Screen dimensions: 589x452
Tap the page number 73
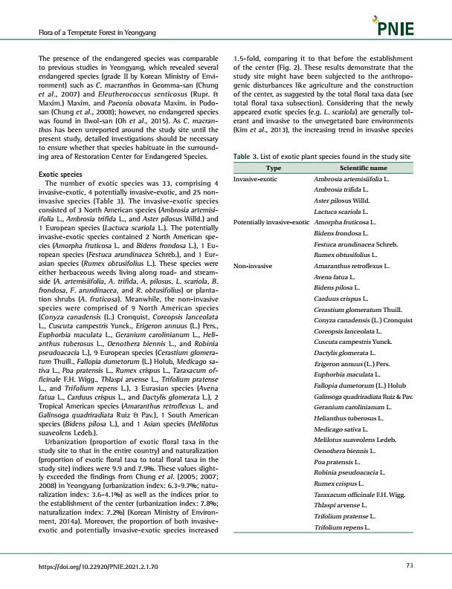[409, 566]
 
